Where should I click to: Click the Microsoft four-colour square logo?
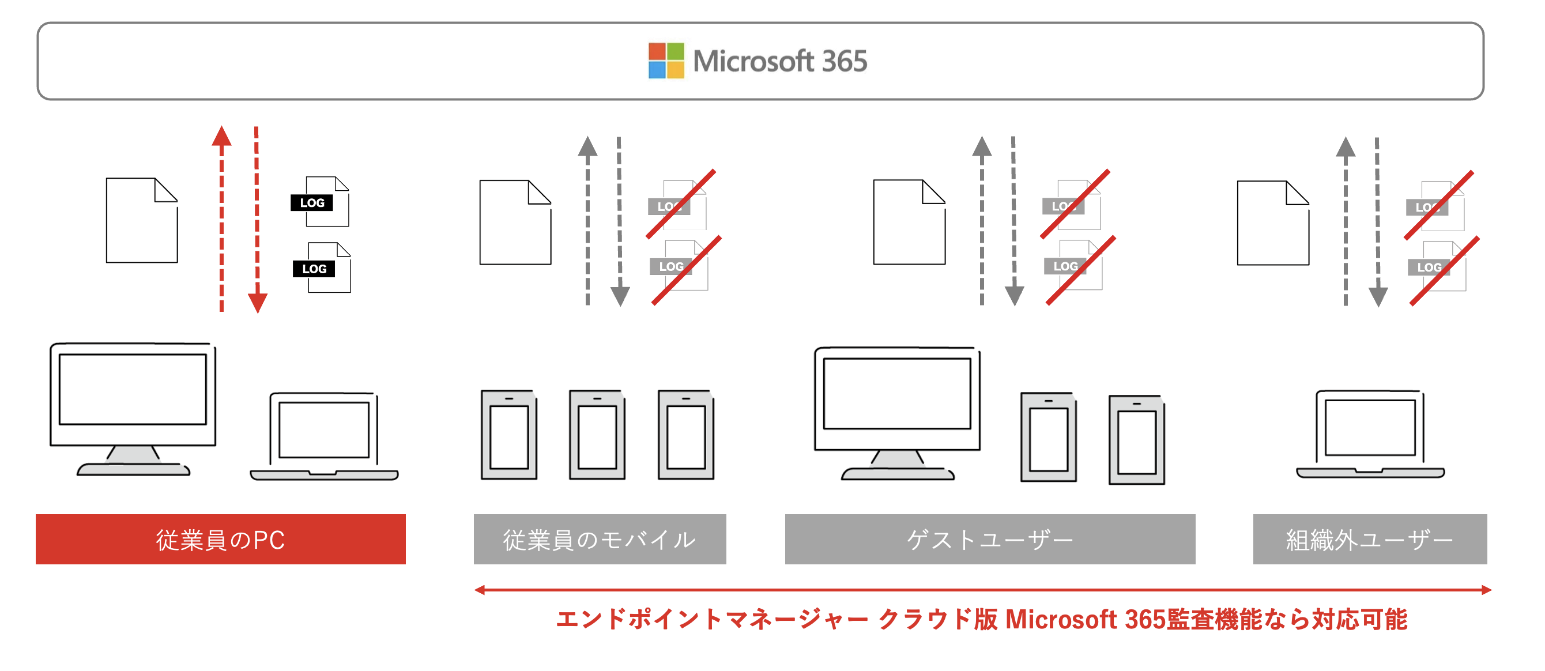(666, 61)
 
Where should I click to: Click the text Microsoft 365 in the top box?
(779, 61)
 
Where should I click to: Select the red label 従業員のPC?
(220, 539)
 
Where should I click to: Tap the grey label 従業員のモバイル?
(599, 539)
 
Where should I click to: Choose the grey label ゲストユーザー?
(990, 539)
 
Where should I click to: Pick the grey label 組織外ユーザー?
(1369, 539)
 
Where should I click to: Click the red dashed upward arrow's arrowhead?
(221, 136)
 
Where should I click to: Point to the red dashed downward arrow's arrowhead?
(257, 303)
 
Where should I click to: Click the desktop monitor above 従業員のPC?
(133, 408)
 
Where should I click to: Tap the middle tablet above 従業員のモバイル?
(597, 435)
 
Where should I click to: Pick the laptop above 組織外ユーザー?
(1370, 434)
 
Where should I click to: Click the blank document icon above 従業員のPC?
(142, 220)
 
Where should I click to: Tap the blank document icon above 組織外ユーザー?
(1273, 223)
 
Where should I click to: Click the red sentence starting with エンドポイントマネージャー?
(981, 620)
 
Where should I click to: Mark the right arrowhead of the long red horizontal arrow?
(1486, 590)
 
